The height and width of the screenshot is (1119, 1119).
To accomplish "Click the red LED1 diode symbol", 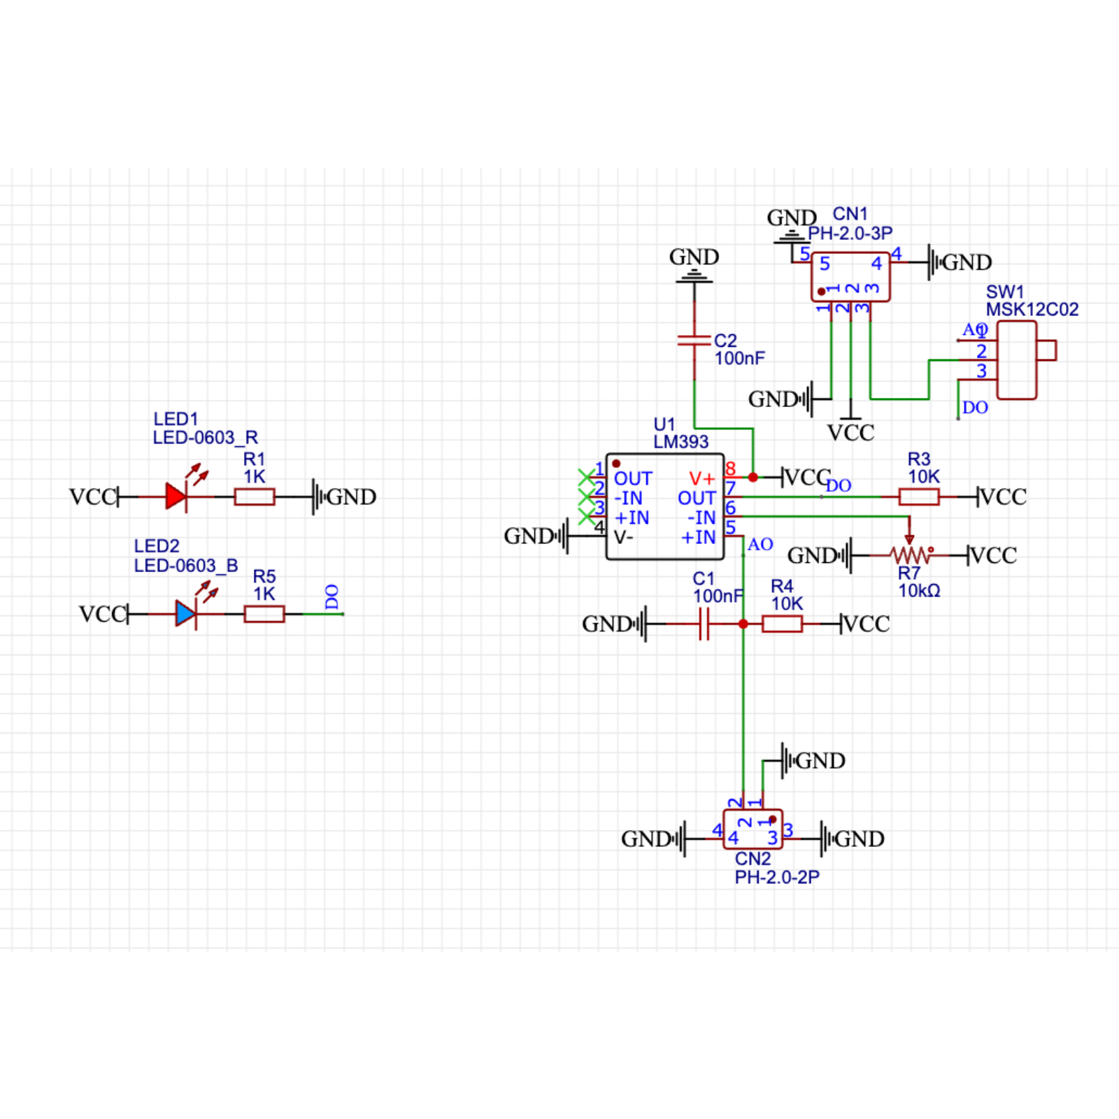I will click(x=176, y=497).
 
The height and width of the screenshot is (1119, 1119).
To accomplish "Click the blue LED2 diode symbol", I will click(x=186, y=614).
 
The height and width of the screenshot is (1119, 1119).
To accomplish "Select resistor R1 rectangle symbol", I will click(x=255, y=497).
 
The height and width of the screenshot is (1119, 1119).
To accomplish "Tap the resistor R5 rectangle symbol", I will click(x=264, y=614).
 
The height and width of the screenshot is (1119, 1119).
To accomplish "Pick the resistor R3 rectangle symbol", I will click(x=919, y=497).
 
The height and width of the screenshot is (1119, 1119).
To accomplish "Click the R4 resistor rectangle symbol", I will click(x=782, y=624).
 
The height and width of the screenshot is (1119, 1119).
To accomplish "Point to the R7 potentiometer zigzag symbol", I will click(x=909, y=555).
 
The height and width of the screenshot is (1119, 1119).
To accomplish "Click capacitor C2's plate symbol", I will click(x=694, y=341).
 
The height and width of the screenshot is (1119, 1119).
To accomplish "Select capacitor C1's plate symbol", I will click(x=704, y=624).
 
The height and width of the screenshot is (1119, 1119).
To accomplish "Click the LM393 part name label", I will click(x=680, y=442).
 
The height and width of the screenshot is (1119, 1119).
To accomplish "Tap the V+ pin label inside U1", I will click(x=701, y=478).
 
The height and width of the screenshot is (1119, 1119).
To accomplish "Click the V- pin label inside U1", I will click(x=623, y=537).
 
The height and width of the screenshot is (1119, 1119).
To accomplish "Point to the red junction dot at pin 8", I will click(x=753, y=478).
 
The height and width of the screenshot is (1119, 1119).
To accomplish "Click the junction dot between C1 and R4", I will click(x=743, y=624).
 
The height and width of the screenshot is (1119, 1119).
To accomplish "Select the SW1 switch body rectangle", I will click(x=1016, y=360).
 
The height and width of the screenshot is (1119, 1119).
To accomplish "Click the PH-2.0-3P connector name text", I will click(x=850, y=233).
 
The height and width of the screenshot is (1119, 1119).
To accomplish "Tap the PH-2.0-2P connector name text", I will click(x=776, y=877).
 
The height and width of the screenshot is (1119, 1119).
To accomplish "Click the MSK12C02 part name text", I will click(x=1032, y=309).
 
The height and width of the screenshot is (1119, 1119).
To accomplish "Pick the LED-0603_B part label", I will click(x=185, y=565).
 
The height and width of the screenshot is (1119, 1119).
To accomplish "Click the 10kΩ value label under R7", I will click(x=919, y=591).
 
